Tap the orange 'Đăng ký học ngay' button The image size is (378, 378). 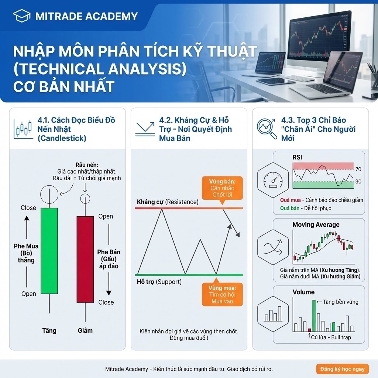[x=342, y=369]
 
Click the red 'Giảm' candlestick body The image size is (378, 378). [x=85, y=259]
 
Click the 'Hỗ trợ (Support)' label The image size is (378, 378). [x=159, y=282]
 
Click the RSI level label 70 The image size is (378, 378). [x=358, y=169]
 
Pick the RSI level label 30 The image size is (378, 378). [x=358, y=182]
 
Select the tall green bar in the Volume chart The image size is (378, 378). [x=314, y=316]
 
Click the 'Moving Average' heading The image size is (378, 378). [x=316, y=225]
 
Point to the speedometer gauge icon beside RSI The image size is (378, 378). [x=274, y=180]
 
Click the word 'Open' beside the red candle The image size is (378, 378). [x=106, y=216]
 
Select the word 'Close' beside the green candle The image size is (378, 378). [x=28, y=208]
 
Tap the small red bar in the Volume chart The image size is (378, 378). [x=309, y=330]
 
